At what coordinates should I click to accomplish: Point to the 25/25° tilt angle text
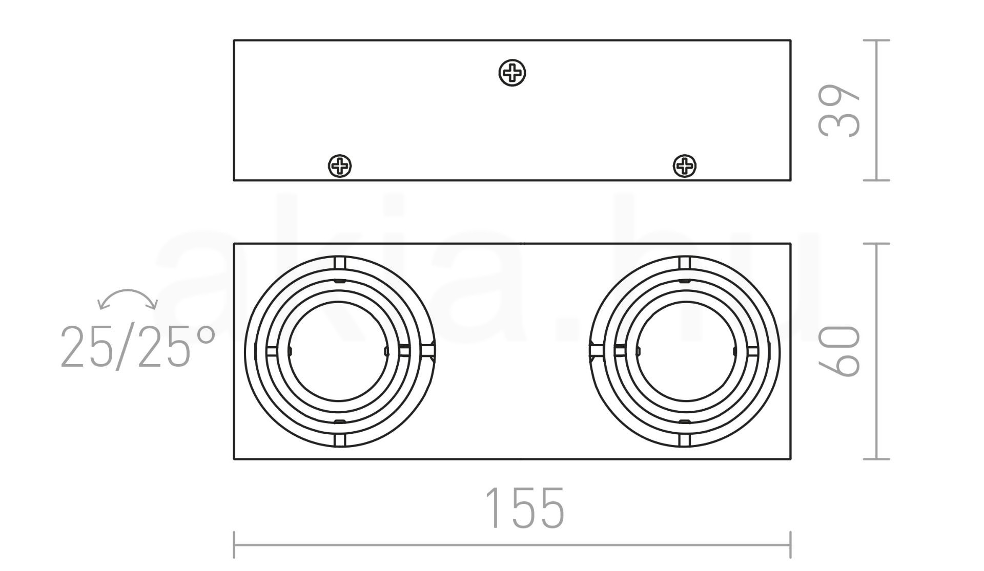(137, 347)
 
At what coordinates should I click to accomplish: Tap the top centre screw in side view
(512, 73)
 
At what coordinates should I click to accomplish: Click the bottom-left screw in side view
(339, 166)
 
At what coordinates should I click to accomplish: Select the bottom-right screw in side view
(684, 166)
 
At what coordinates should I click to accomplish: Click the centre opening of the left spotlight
(338, 351)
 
